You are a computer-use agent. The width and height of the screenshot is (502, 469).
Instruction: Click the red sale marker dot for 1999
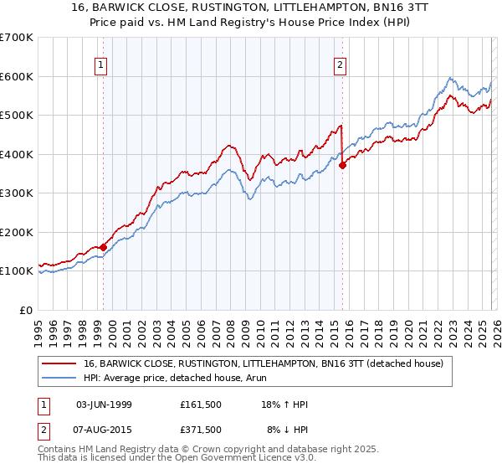click(103, 247)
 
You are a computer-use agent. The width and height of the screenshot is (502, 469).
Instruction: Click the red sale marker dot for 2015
click(342, 166)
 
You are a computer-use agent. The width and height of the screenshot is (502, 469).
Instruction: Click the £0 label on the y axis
click(27, 310)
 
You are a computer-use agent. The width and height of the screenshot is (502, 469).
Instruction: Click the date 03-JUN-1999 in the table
click(104, 405)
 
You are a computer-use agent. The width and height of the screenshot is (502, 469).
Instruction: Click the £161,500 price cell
click(200, 405)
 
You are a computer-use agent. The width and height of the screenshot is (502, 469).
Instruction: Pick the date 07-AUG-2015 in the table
click(104, 430)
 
